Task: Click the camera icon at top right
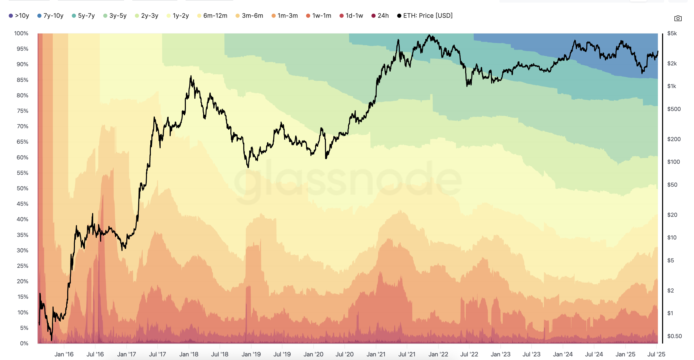click(x=678, y=18)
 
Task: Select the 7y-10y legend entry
click(x=50, y=16)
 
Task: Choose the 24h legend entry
click(x=380, y=16)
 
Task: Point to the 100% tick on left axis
click(x=21, y=33)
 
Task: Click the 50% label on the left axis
click(x=22, y=188)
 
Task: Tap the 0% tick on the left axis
click(x=24, y=343)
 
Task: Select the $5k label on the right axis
click(x=672, y=33)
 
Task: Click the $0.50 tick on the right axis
click(x=674, y=336)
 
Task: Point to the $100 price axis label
click(x=673, y=162)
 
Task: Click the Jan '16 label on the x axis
click(x=64, y=354)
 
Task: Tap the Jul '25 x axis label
click(x=656, y=354)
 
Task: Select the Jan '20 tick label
click(x=313, y=354)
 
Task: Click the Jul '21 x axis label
click(x=407, y=354)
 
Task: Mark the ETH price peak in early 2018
click(x=191, y=76)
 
